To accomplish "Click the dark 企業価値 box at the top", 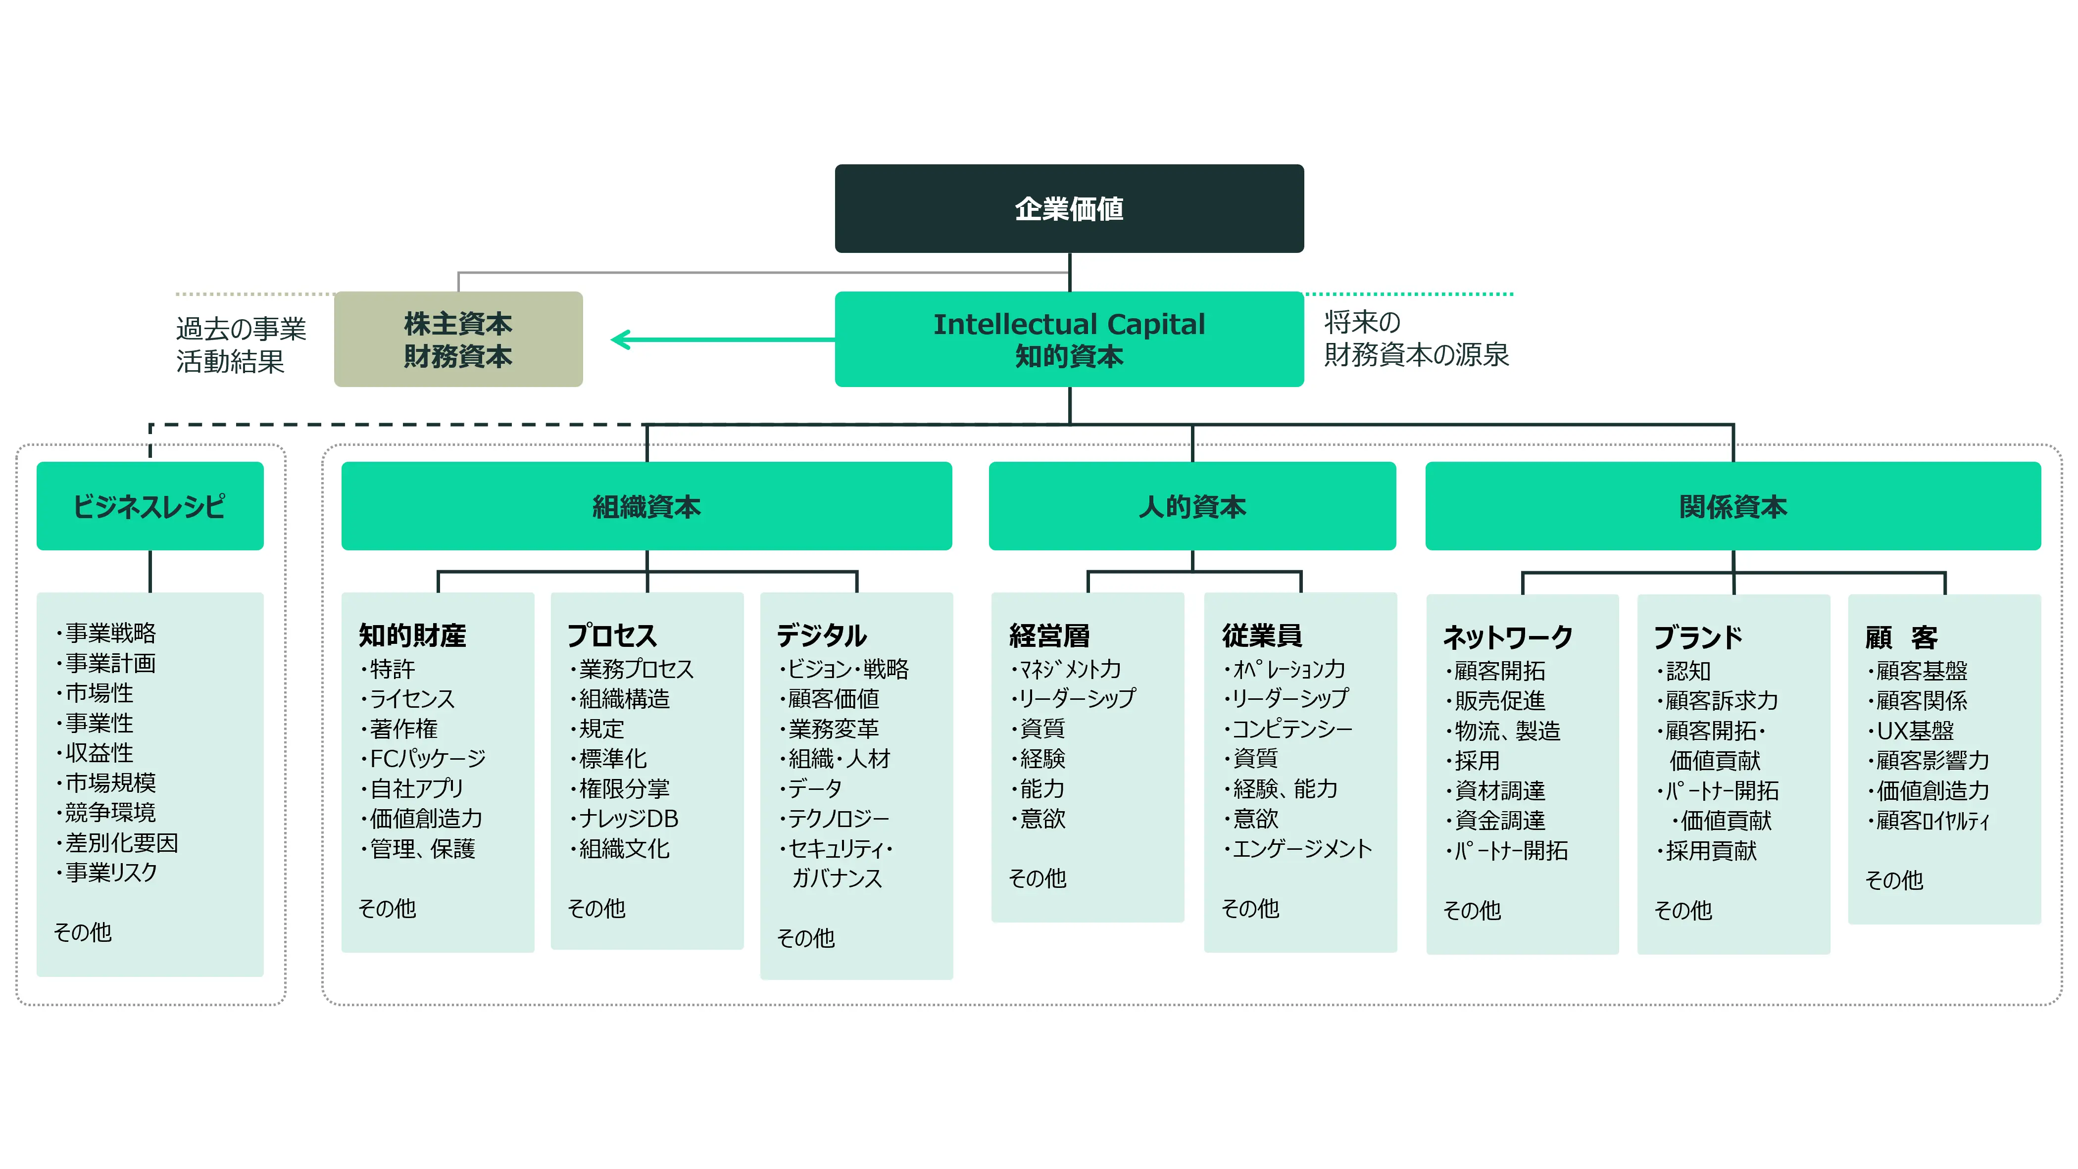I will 1069,209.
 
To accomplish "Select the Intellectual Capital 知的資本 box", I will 1069,339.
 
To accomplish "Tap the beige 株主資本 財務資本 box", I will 458,339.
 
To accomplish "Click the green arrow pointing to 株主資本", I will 718,340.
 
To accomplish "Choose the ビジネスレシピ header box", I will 150,506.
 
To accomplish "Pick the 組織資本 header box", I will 646,506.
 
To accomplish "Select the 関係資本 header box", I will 1733,506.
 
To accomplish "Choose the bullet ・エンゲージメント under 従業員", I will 1297,849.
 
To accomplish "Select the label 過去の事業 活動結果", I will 241,344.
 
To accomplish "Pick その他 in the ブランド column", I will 1682,911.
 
